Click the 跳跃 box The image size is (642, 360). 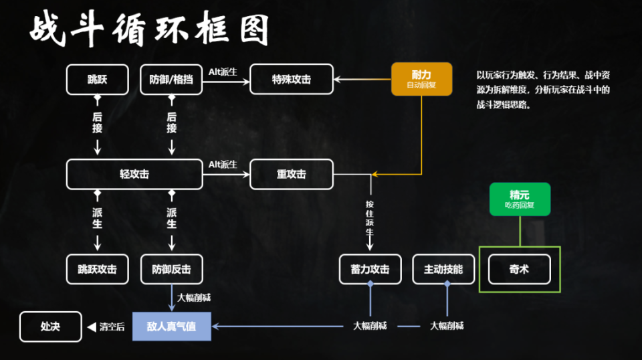point(97,80)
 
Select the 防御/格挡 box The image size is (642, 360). point(171,80)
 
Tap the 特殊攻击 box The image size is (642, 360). point(291,80)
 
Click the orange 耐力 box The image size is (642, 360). point(421,79)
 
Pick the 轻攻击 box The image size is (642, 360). point(134,175)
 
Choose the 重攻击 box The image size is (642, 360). point(291,175)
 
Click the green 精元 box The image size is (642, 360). point(520,199)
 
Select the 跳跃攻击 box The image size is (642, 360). point(97,269)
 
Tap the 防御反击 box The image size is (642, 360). point(171,269)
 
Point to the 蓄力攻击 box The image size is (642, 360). point(370,269)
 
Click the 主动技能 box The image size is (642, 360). point(443,269)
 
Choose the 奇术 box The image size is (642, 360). point(519,269)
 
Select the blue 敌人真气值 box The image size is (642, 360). point(171,327)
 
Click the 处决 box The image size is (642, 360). point(50,327)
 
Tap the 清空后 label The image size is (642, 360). point(112,327)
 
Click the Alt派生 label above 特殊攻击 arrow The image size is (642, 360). point(223,72)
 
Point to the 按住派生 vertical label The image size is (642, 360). point(370,217)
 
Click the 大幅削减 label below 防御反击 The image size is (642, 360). point(194,298)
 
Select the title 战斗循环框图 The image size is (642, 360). point(150,30)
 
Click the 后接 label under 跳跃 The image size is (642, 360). point(97,122)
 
